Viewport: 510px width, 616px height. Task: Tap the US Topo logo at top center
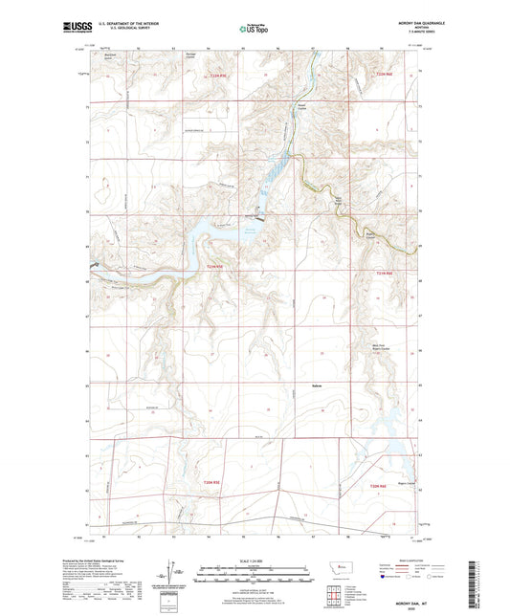coord(254,30)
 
